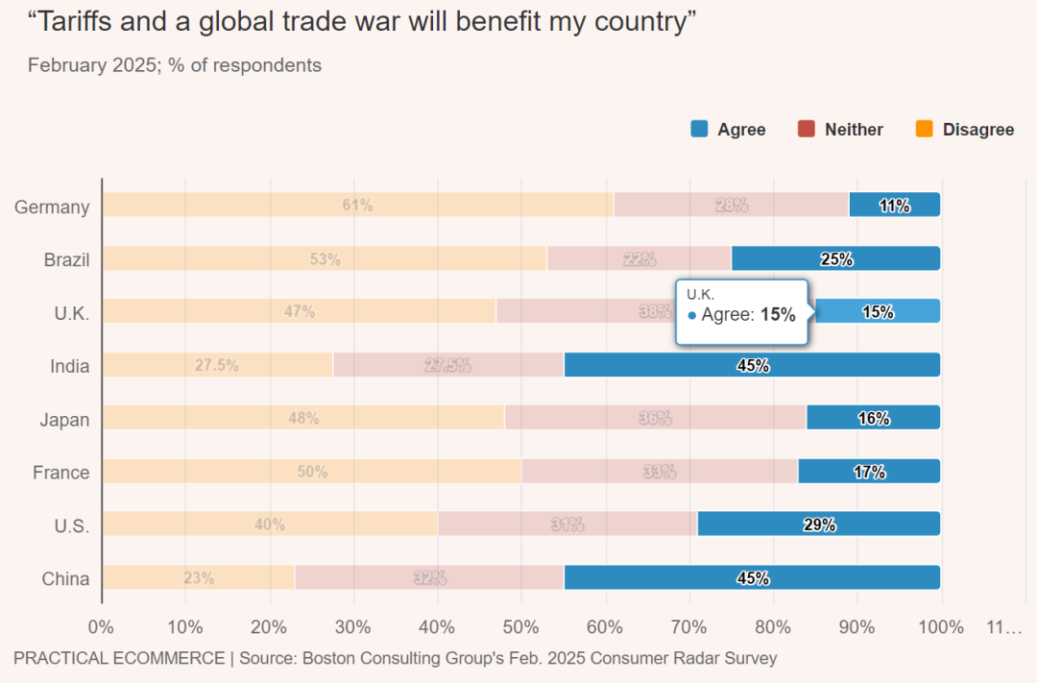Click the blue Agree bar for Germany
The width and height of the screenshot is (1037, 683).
[895, 205]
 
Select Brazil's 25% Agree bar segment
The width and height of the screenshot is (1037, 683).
[835, 258]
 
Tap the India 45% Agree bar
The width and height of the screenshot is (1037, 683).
[752, 365]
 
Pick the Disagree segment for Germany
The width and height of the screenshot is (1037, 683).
[357, 205]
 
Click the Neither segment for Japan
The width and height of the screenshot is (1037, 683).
[655, 418]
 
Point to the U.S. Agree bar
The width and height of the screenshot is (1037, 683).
[818, 524]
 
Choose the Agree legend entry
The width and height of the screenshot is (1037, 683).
[728, 130]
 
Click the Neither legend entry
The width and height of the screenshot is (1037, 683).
[840, 130]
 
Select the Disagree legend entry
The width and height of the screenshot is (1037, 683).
[965, 130]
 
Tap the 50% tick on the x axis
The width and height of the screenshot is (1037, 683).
[521, 627]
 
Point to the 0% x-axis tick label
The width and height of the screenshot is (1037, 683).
[101, 627]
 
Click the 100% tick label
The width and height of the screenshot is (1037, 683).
[941, 627]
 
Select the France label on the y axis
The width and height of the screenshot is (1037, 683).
[60, 473]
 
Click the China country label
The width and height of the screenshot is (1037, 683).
[65, 578]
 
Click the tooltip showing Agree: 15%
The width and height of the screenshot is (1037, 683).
[742, 312]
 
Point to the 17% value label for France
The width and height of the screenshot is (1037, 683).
[869, 472]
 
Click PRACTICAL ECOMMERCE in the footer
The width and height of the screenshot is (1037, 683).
[117, 658]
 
